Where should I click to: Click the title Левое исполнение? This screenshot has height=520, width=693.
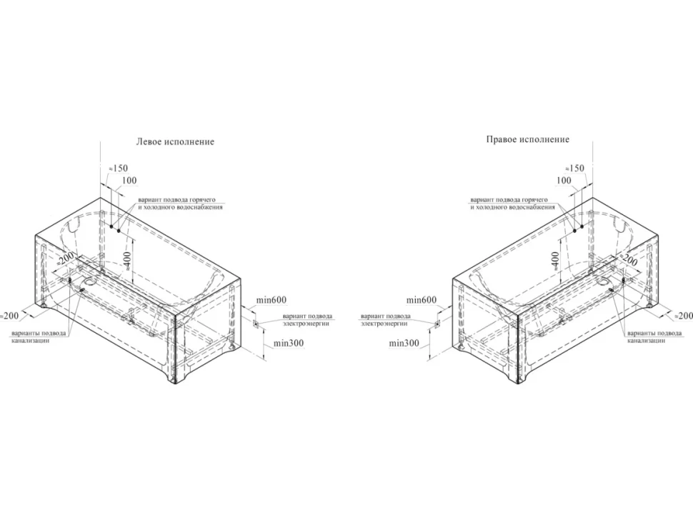point(175,142)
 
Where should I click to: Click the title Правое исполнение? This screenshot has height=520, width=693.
point(528,139)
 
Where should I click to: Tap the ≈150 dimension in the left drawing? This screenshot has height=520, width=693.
point(118,168)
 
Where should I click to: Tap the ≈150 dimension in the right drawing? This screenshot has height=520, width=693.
point(574,169)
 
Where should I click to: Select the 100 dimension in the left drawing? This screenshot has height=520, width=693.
point(129,180)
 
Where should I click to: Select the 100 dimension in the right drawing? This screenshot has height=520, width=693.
point(564,180)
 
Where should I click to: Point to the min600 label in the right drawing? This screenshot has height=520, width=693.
point(422,301)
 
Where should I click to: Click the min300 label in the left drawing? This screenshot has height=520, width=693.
point(289,343)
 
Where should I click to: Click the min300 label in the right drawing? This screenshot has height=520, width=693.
point(404,343)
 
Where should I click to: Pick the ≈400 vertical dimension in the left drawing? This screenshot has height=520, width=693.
point(128,261)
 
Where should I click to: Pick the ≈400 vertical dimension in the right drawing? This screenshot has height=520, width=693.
point(555,261)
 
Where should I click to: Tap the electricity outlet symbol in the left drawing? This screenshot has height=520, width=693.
point(256,324)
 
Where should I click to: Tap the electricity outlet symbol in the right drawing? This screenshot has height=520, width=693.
point(437,324)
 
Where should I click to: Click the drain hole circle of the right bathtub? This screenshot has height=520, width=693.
point(602,281)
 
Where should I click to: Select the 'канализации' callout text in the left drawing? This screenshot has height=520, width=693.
point(31,341)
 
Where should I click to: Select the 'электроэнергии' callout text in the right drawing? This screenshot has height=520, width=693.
point(384,324)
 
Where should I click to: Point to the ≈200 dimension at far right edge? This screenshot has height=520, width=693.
point(683,316)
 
